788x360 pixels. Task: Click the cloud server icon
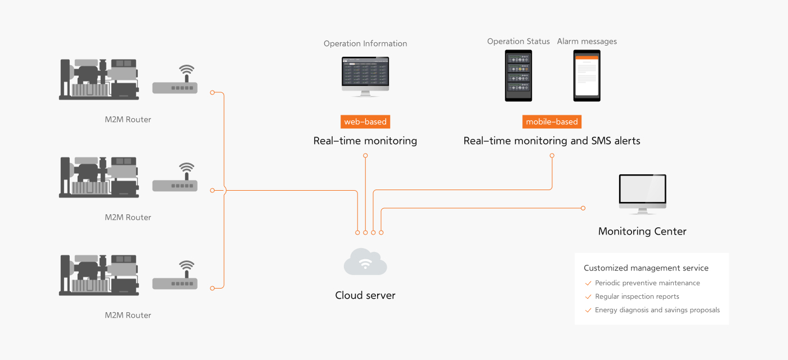365,262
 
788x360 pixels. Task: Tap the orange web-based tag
365,121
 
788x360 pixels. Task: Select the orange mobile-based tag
552,121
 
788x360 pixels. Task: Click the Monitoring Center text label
642,231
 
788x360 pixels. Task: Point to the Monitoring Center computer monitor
642,191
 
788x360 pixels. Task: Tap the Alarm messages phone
586,75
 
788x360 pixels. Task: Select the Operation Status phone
518,75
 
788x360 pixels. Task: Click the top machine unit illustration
99,79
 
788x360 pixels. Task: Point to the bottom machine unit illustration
99,275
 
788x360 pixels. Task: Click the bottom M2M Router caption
128,315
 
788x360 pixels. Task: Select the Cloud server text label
365,295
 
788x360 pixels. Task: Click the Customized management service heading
646,268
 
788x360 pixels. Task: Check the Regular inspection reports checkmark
588,296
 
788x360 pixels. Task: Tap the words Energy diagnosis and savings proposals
657,310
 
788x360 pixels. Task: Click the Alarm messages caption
586,42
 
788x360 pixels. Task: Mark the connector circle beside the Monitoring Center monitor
583,208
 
